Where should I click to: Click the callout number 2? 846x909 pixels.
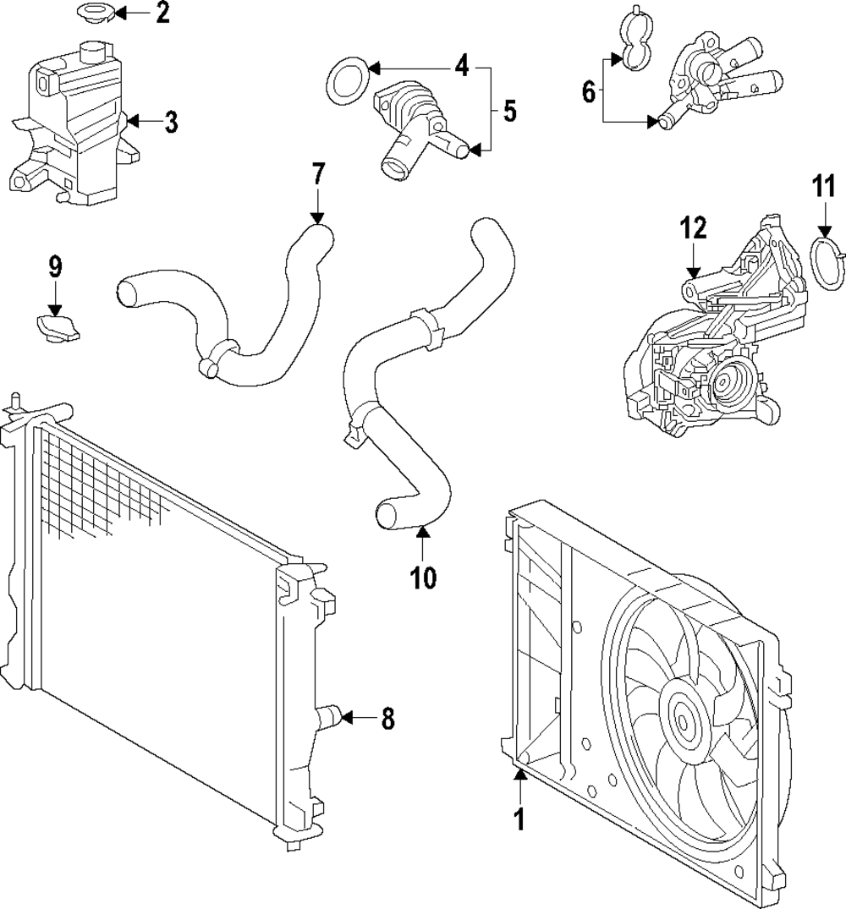(162, 13)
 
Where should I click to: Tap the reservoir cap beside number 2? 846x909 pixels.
(95, 12)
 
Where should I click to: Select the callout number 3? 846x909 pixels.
(171, 122)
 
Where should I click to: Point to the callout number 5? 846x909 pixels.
(509, 112)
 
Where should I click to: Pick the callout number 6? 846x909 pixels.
(589, 91)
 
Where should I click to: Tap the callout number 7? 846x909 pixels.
(318, 174)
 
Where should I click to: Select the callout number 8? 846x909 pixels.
(387, 719)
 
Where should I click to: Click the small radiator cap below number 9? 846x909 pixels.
(57, 326)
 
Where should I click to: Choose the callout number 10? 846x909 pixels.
(423, 578)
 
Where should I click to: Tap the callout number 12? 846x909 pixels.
(694, 228)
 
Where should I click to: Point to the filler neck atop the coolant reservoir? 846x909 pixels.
(91, 52)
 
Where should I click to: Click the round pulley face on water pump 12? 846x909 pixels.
(724, 382)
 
